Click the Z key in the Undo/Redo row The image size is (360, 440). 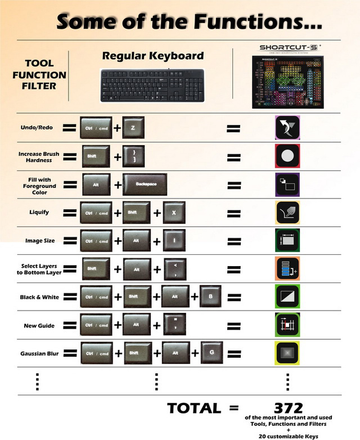tap(133, 128)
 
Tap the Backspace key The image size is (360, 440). tap(145, 184)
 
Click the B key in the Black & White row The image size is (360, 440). tap(211, 296)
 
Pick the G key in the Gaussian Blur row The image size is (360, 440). tap(211, 353)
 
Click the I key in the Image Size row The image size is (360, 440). tap(174, 240)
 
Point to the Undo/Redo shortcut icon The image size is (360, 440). tap(287, 128)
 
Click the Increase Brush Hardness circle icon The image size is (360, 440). tap(287, 156)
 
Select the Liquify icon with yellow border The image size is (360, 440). tap(287, 212)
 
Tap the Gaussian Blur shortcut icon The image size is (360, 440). tap(287, 353)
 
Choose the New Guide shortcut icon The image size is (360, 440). tap(287, 325)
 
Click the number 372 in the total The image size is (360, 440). tap(288, 407)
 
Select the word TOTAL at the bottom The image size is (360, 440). tap(193, 408)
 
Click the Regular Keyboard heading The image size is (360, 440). tap(152, 56)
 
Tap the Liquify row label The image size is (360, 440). tap(37, 212)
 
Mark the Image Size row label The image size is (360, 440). tap(40, 240)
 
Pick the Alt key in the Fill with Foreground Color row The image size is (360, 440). tap(96, 184)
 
